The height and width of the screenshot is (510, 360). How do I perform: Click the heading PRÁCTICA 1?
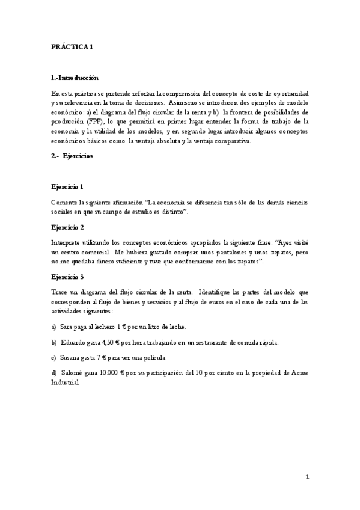(x=72, y=47)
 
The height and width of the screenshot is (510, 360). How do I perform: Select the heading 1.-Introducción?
(x=75, y=79)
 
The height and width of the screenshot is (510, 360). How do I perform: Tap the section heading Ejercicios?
(x=78, y=156)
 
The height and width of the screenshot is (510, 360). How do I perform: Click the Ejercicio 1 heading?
(x=67, y=188)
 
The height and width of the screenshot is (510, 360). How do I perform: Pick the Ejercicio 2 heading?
(x=67, y=227)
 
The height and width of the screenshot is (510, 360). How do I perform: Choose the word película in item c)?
(x=175, y=358)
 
